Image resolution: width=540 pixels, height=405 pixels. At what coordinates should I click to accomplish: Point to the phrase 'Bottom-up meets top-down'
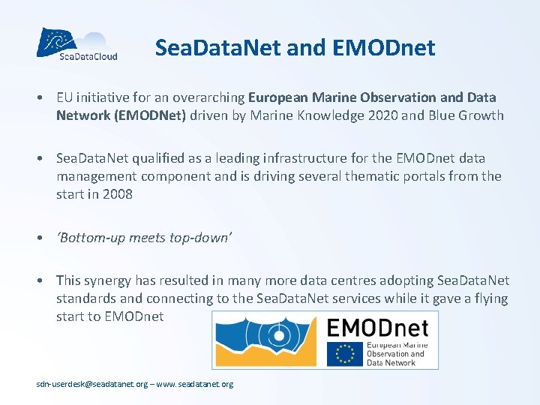[x=144, y=237]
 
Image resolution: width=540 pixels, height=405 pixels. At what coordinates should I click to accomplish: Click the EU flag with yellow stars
[x=343, y=354]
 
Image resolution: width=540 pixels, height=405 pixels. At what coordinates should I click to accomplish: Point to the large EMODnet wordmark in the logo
[x=377, y=328]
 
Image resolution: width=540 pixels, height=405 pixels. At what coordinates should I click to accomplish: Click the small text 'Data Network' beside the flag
[x=391, y=363]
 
